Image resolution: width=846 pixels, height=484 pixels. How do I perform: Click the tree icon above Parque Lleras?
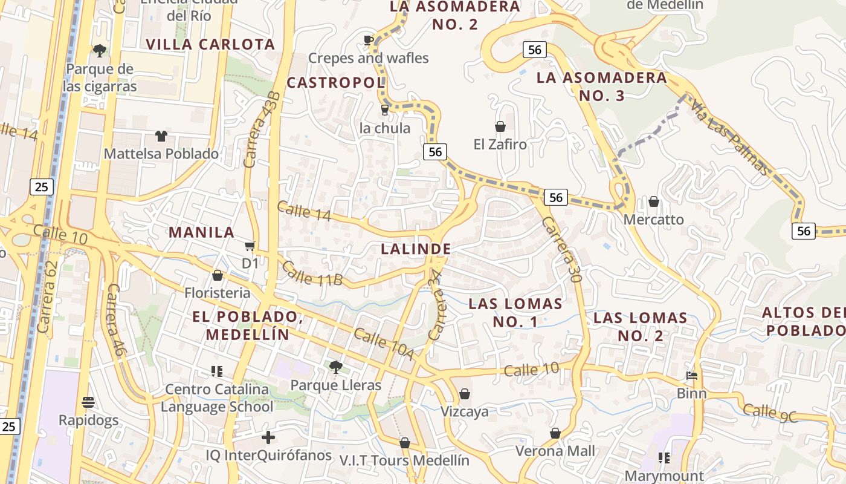coord(335,367)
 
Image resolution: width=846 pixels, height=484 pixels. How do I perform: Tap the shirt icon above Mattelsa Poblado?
coord(161,136)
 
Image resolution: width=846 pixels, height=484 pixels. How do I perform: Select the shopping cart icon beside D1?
coord(250,246)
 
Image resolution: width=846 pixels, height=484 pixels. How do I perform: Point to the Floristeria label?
coord(217,293)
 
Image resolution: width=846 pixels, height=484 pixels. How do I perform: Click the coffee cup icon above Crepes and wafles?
coord(368,41)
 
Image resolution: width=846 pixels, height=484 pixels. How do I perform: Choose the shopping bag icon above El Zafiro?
coord(500,126)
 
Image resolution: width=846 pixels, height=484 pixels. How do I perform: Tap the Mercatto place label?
coord(654,220)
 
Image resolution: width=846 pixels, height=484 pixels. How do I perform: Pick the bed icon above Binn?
coord(692,376)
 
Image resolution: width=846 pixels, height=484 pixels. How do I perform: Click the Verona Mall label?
coord(555,451)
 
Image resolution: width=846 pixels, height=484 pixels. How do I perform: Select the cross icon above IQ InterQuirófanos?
coord(268,437)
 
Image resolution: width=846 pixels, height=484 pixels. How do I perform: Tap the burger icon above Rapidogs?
coord(88,402)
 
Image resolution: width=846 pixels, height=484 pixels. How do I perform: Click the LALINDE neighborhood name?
coord(416,249)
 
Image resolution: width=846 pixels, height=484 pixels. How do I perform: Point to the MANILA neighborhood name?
coord(201,232)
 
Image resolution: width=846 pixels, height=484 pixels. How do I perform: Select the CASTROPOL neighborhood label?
coord(335,82)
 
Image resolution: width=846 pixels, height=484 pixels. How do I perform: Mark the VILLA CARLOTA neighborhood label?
coord(210,44)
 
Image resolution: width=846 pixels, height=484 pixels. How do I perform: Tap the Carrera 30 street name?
coord(561,250)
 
